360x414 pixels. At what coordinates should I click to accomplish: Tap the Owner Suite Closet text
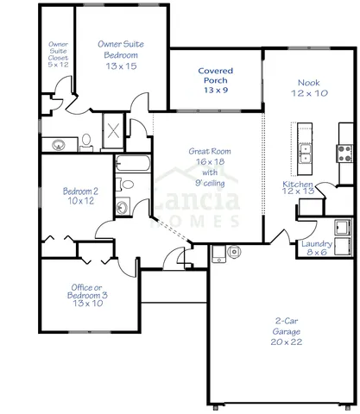point(58,53)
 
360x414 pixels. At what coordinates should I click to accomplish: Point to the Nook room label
point(309,86)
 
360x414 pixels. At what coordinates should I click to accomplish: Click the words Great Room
point(207,152)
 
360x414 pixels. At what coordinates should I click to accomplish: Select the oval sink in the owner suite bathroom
point(58,144)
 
